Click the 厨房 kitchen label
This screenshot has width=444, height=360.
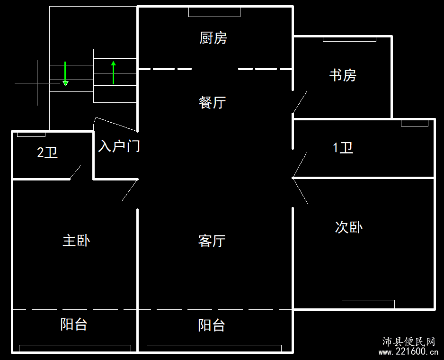[x=213, y=38]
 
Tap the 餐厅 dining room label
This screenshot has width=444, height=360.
[x=213, y=102]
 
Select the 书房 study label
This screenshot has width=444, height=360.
[x=343, y=75]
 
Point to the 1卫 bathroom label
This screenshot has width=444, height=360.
[x=343, y=148]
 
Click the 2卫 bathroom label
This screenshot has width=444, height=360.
[x=47, y=153]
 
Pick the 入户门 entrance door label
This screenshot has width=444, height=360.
[x=119, y=146]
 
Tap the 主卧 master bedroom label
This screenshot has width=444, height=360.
[x=76, y=240]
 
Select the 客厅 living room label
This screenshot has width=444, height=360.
[x=212, y=241]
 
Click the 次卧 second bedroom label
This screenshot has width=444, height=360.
[x=349, y=227]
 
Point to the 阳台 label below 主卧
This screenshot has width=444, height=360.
[x=74, y=324]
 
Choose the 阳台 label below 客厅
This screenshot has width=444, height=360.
[x=212, y=325]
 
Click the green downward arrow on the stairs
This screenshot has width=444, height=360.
[x=65, y=74]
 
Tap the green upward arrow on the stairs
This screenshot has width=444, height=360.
[x=114, y=72]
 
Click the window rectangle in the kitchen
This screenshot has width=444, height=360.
[x=214, y=12]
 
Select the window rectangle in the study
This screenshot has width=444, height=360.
[x=349, y=39]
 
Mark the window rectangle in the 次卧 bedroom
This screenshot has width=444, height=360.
[x=368, y=304]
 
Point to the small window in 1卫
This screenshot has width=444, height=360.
[x=415, y=123]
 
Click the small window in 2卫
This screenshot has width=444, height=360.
[x=31, y=135]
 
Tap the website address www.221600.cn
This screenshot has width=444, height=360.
[x=408, y=352]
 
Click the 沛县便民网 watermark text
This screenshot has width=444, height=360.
[x=408, y=342]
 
